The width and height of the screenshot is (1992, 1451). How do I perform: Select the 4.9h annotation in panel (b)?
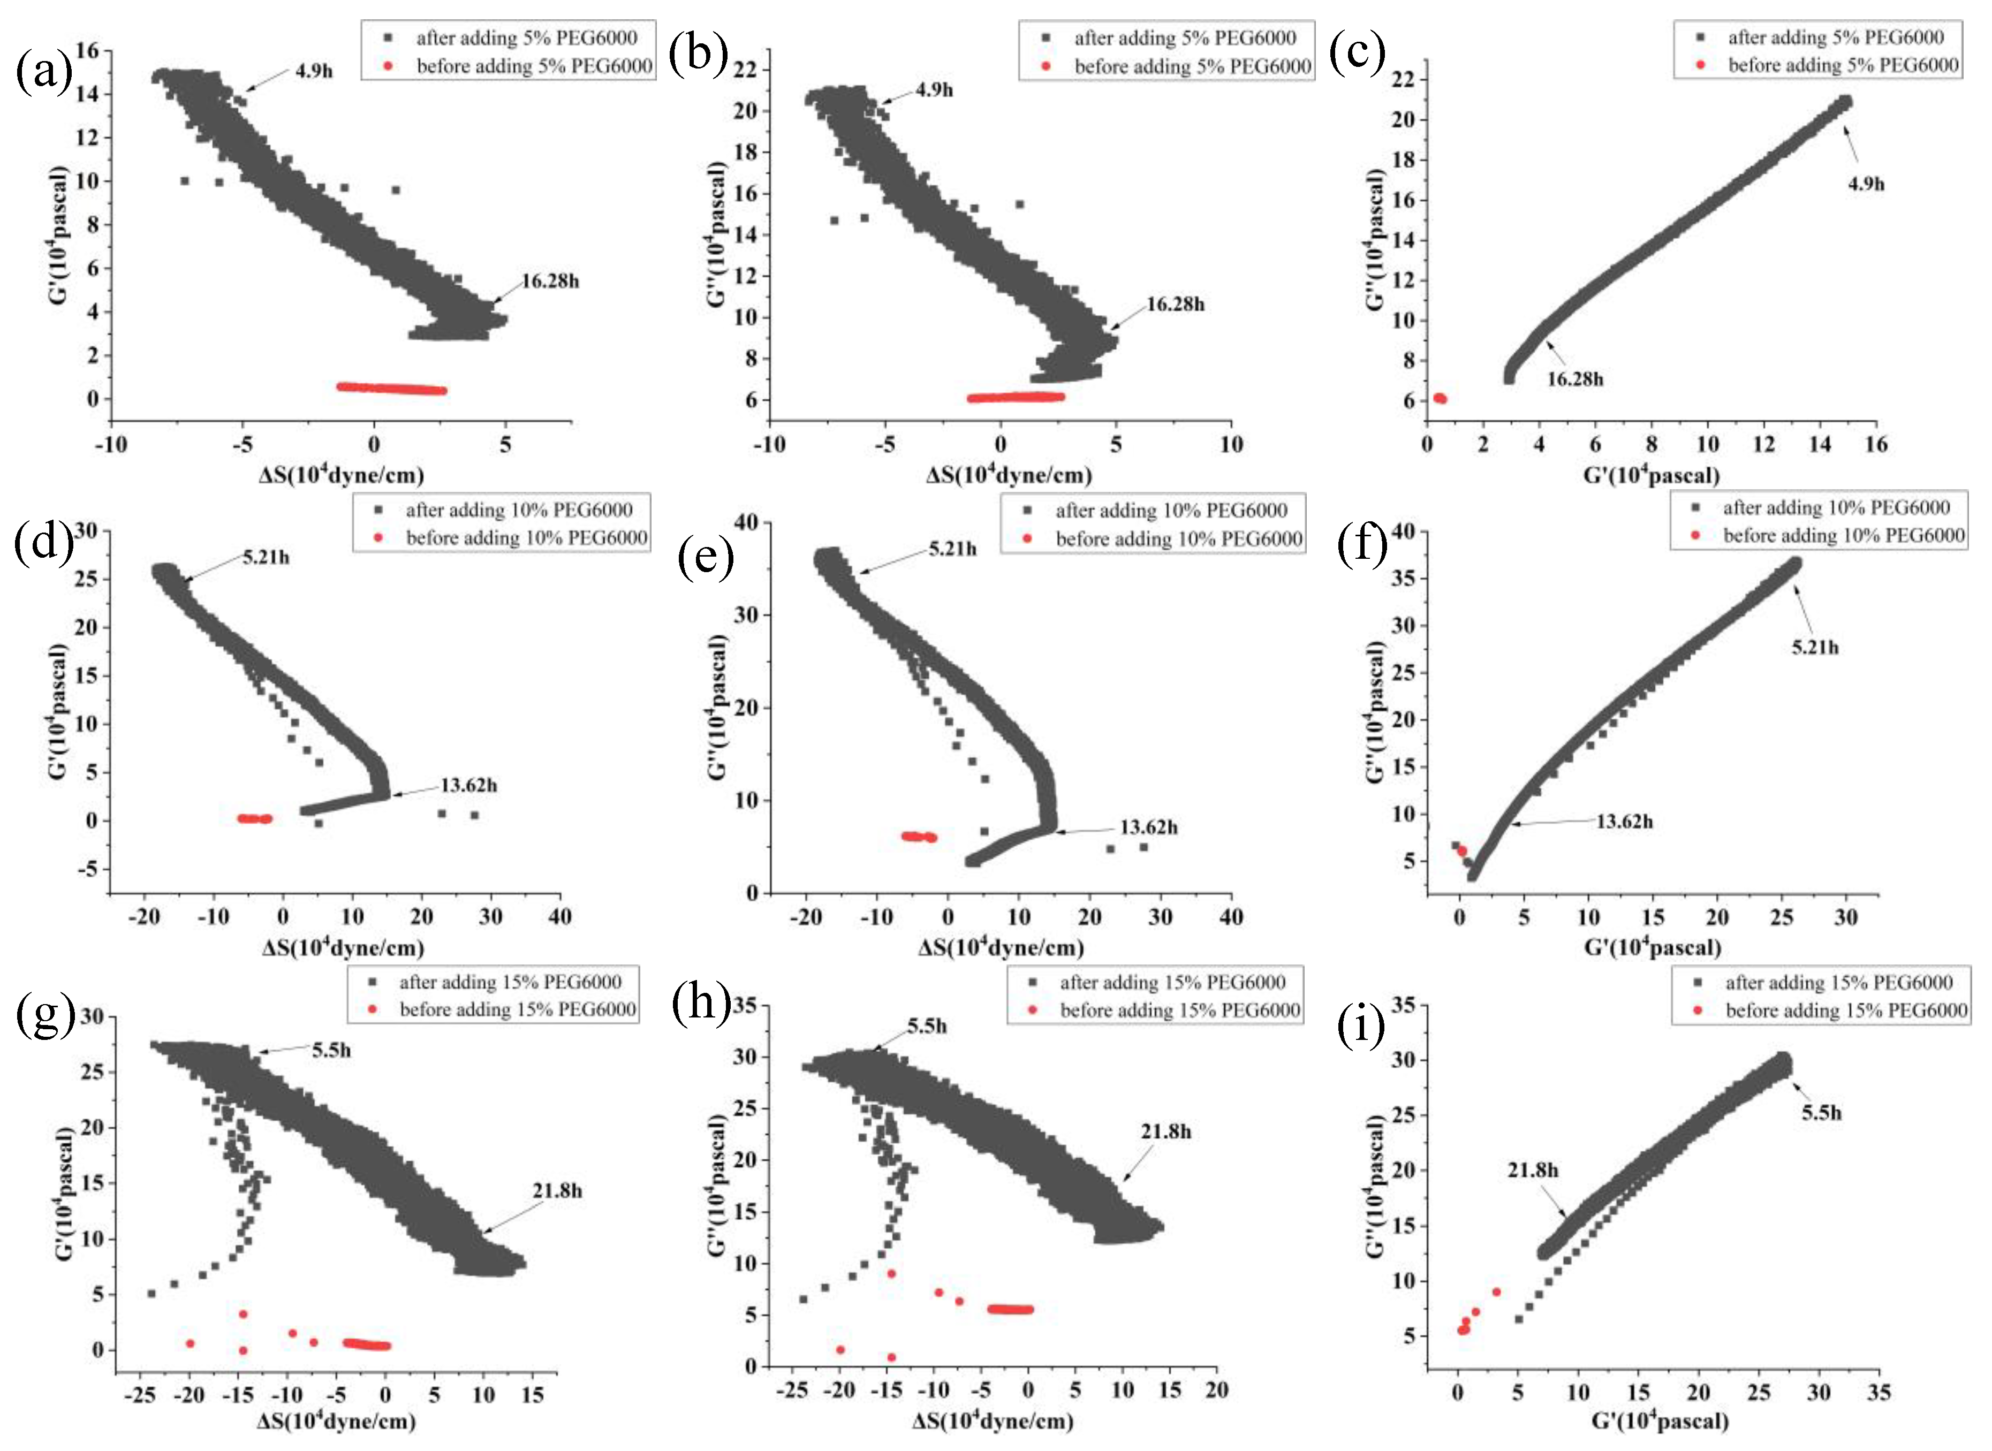(x=934, y=89)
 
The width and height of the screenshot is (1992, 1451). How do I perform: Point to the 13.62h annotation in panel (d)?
(x=468, y=785)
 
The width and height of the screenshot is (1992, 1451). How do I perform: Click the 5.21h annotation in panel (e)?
(x=952, y=549)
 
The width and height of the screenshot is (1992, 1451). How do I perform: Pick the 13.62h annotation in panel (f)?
(x=1624, y=822)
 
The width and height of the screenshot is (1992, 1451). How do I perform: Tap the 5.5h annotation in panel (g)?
(x=331, y=1051)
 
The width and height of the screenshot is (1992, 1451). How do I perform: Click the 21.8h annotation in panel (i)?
(x=1533, y=1170)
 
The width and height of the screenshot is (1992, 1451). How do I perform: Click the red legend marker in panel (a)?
(x=388, y=66)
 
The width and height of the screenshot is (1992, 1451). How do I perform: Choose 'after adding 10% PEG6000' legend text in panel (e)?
(x=1171, y=510)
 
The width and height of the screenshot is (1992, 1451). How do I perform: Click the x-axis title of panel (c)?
(x=1651, y=476)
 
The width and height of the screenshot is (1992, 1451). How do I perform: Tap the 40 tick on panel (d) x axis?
(x=559, y=917)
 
